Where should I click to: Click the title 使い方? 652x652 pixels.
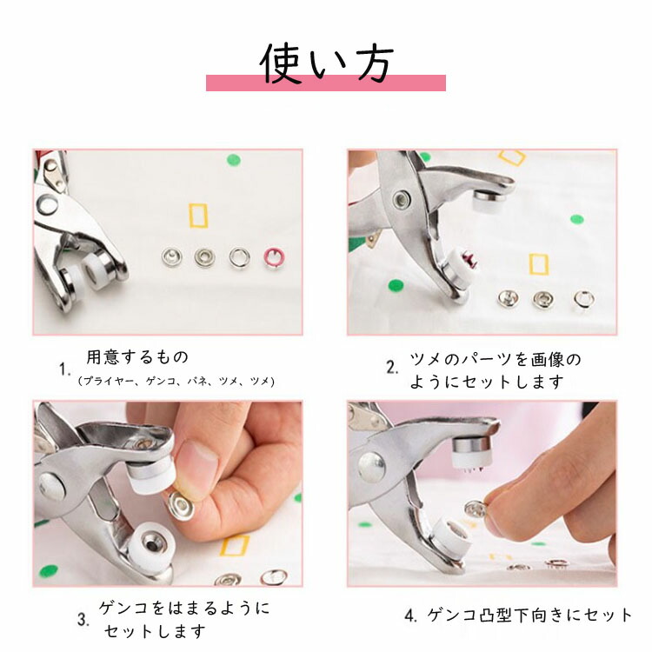click(x=327, y=63)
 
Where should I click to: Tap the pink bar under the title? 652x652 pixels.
click(x=326, y=83)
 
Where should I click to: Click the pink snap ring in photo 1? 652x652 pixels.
click(x=273, y=258)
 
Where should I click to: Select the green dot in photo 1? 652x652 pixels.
click(x=234, y=160)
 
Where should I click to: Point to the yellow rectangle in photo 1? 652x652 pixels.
click(x=198, y=216)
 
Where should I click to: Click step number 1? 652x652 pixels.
click(x=64, y=369)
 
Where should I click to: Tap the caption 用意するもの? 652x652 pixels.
click(x=137, y=356)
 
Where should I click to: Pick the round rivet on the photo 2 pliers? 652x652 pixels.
click(x=403, y=200)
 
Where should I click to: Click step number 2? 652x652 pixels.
click(x=392, y=368)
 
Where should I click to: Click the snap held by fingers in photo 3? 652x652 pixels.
click(x=182, y=505)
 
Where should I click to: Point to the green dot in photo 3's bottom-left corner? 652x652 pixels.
click(x=48, y=572)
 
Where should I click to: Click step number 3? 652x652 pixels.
click(x=83, y=620)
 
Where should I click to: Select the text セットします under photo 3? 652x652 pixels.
click(x=155, y=631)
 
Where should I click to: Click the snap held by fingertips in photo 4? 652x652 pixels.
click(x=475, y=509)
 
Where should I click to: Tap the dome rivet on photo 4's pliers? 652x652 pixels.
click(x=371, y=467)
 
